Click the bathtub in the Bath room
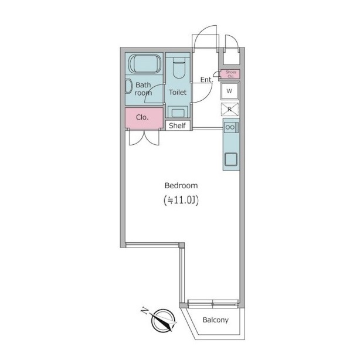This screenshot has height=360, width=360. (x=145, y=63)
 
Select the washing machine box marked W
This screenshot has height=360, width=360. (x=230, y=91)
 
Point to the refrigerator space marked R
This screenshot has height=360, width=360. (x=230, y=110)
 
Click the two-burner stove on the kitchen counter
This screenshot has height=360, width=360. (x=231, y=127)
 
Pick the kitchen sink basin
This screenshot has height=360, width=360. (x=231, y=159)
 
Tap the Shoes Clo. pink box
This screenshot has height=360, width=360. (x=230, y=74)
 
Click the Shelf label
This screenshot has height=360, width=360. (x=177, y=125)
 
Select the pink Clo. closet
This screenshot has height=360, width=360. (x=144, y=118)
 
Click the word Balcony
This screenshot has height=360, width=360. (x=216, y=320)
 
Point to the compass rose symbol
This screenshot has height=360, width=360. (x=164, y=320)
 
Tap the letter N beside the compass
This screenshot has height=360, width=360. (x=144, y=311)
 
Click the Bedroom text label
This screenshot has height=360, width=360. (x=181, y=185)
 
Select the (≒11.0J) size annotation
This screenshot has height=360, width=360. (x=181, y=200)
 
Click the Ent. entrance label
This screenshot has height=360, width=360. (x=206, y=80)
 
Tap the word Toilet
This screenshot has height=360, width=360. (x=178, y=92)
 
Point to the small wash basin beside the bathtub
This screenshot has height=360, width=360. (x=128, y=86)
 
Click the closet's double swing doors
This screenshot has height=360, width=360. (x=144, y=138)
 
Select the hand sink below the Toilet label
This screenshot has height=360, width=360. (x=178, y=113)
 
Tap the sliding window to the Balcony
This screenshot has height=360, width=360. (x=213, y=304)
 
